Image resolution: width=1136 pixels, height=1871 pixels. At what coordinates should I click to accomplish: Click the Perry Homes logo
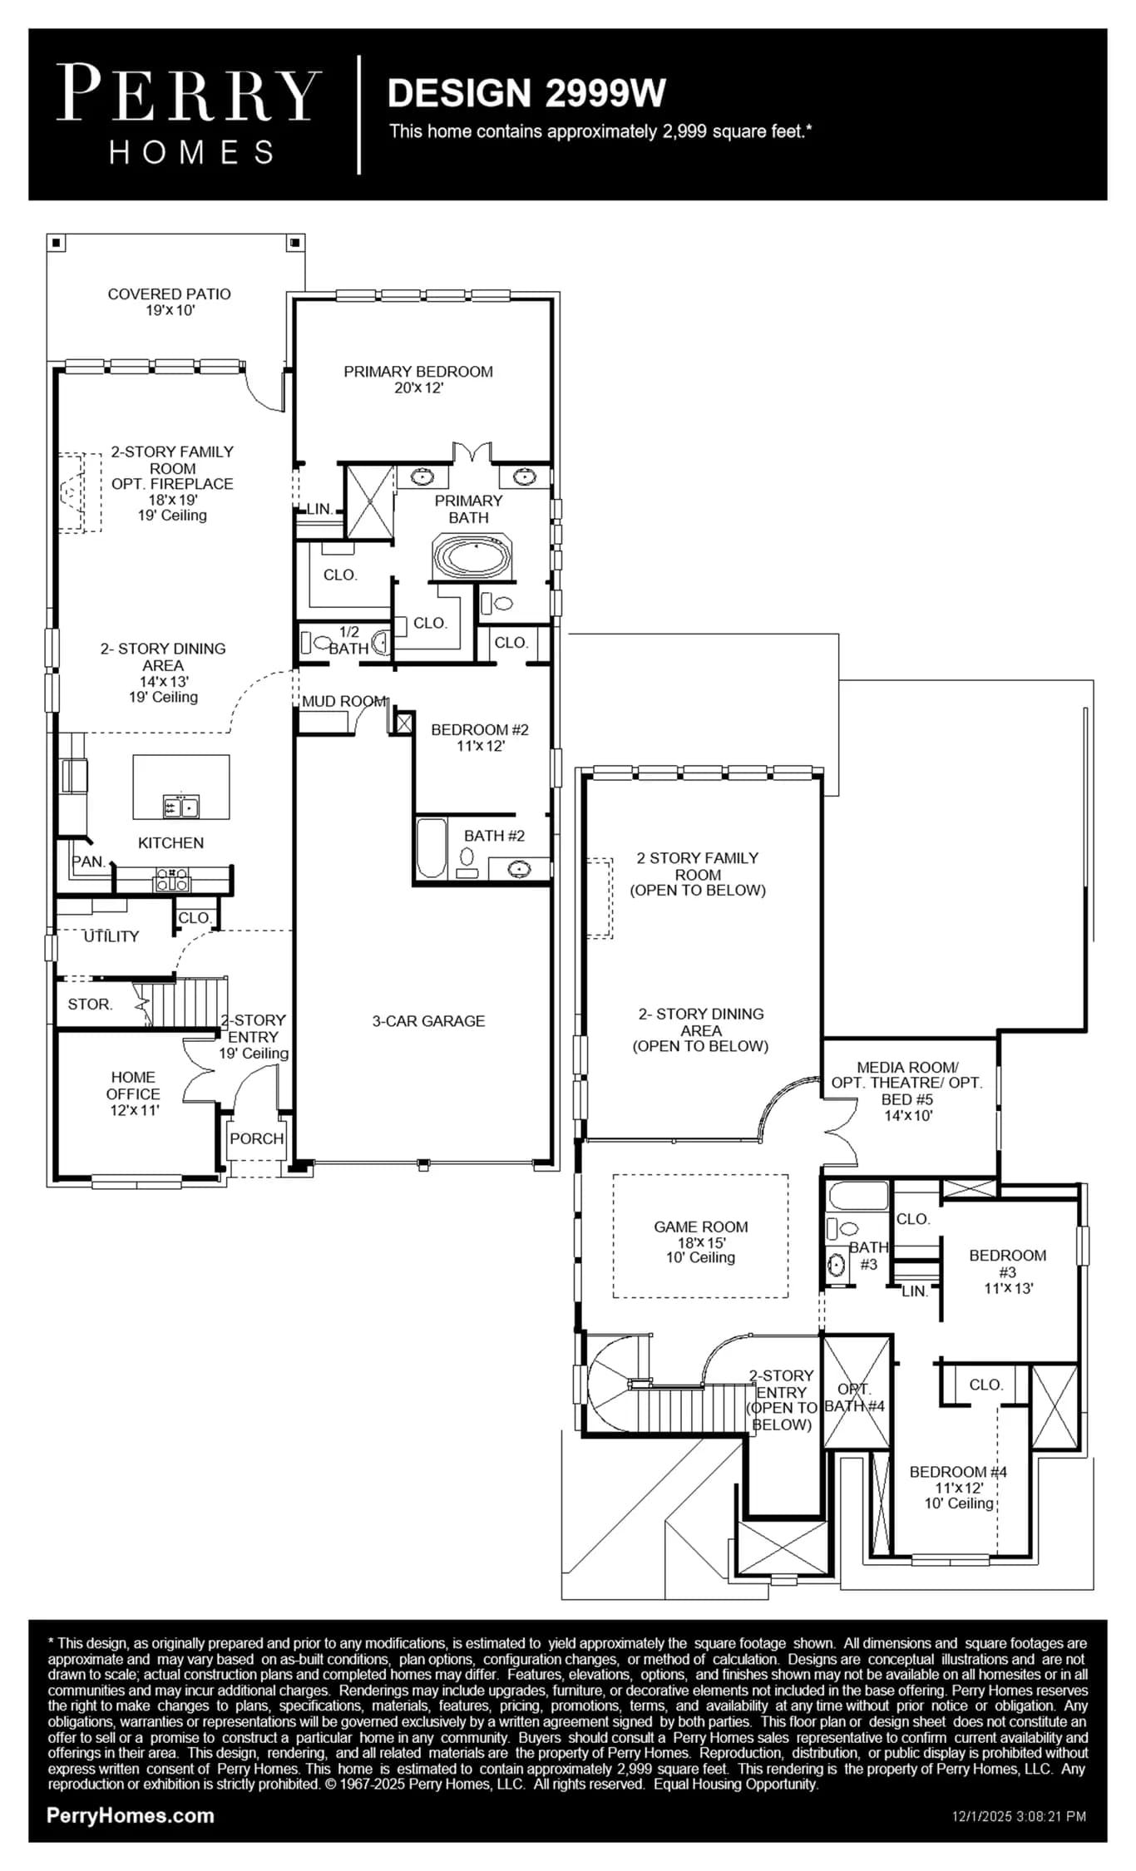point(189,114)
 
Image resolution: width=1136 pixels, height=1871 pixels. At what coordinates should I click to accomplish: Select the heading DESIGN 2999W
point(526,93)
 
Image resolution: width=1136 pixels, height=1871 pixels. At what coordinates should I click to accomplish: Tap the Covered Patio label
point(170,302)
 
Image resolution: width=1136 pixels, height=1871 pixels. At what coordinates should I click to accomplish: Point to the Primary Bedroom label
point(418,379)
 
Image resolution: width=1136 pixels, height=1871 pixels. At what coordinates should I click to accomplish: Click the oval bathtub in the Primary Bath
point(472,556)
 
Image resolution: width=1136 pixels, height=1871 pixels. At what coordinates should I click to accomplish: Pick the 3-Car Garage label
point(428,1021)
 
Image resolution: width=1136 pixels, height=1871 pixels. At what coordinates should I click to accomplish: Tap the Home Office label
point(133,1093)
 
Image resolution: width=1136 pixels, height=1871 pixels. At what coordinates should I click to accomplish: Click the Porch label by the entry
point(257,1138)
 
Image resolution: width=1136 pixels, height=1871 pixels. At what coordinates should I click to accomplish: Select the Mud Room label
point(343,701)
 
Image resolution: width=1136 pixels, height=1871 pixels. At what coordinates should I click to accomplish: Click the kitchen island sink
point(181,806)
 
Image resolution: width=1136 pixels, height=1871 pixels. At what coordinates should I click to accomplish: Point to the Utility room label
point(111,936)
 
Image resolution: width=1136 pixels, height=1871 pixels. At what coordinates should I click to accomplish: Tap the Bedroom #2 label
point(480,738)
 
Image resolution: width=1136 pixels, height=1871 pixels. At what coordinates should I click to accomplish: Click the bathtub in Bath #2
point(432,848)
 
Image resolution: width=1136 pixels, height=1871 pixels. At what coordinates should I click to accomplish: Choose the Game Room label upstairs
point(701,1242)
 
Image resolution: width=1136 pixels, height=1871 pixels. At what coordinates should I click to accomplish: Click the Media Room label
point(907,1091)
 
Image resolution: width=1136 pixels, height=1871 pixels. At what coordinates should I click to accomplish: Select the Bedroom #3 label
point(1008,1271)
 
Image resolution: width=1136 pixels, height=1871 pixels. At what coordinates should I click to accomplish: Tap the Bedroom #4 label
point(958,1488)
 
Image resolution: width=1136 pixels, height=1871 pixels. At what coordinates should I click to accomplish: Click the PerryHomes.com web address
point(131,1816)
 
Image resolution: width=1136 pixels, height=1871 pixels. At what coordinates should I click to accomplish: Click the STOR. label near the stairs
point(90,1005)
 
